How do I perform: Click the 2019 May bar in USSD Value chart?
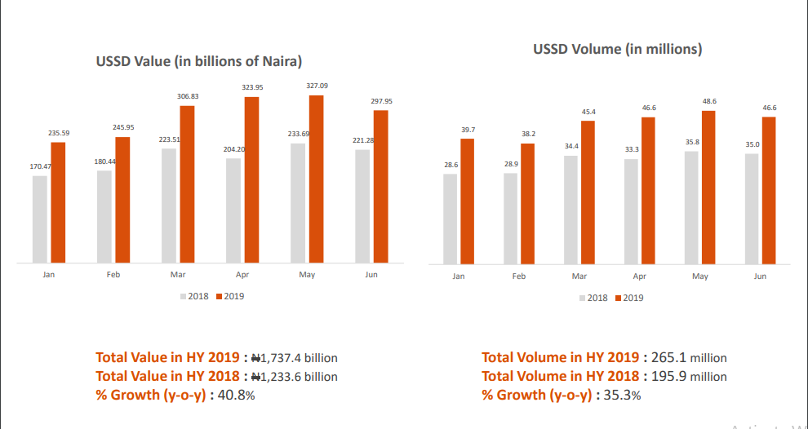pos(316,179)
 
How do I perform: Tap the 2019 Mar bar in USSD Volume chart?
pos(588,192)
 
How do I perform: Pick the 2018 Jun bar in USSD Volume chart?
pos(752,209)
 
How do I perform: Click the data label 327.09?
pos(317,86)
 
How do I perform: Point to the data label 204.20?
pos(234,150)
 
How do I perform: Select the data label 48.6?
pos(709,101)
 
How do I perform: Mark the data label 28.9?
pos(511,164)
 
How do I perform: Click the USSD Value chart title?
pos(199,61)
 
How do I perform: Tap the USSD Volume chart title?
pos(617,49)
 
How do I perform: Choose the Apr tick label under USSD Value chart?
pos(242,275)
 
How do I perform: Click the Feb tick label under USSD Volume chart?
pos(519,276)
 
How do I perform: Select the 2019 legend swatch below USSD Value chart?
pos(219,297)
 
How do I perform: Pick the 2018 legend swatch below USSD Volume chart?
pos(583,298)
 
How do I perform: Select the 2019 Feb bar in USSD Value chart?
pos(122,200)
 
